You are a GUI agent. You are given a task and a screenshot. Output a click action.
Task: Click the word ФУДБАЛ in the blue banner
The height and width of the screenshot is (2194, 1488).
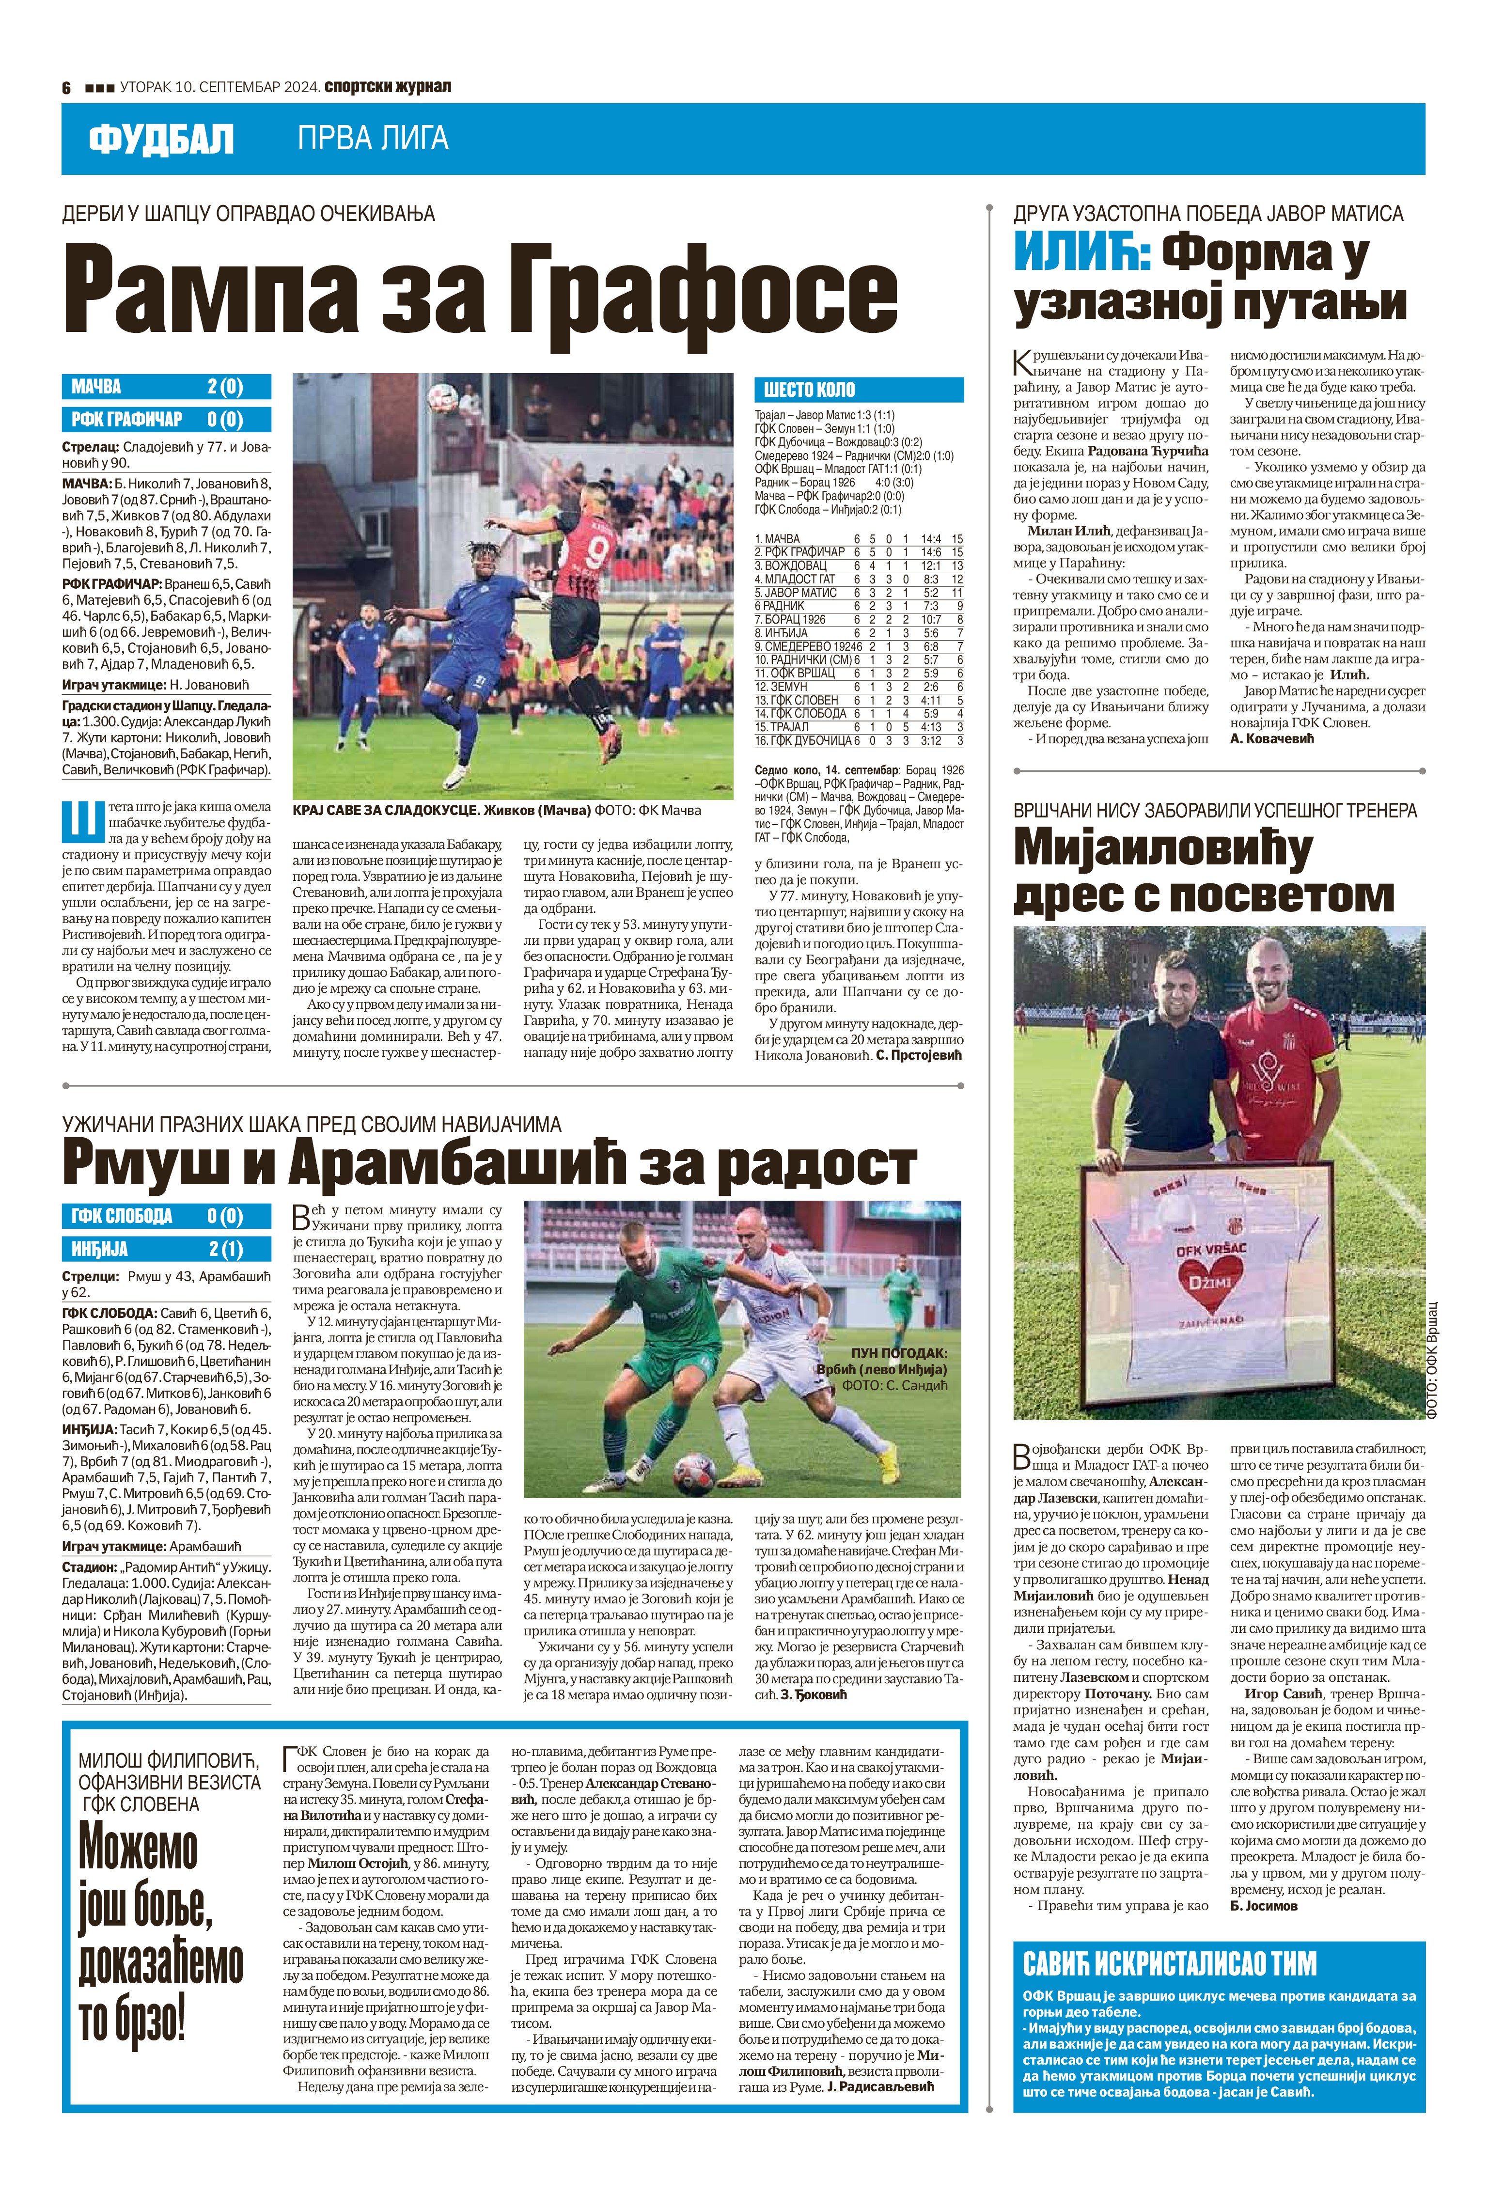tap(160, 140)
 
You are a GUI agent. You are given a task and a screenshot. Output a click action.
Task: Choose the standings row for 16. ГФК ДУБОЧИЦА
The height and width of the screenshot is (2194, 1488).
tap(859, 740)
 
